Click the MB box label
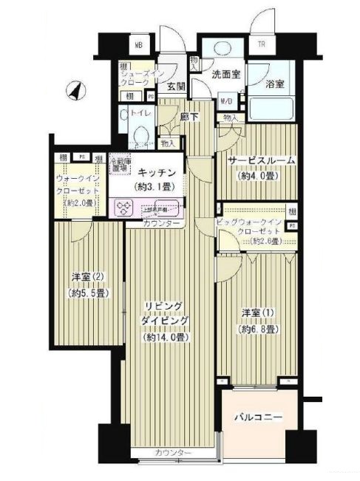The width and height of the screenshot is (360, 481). click(x=137, y=44)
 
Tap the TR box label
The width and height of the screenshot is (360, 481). click(x=261, y=44)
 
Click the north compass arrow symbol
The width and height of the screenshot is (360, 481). click(x=76, y=91)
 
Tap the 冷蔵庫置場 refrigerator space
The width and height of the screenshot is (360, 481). click(x=120, y=166)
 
